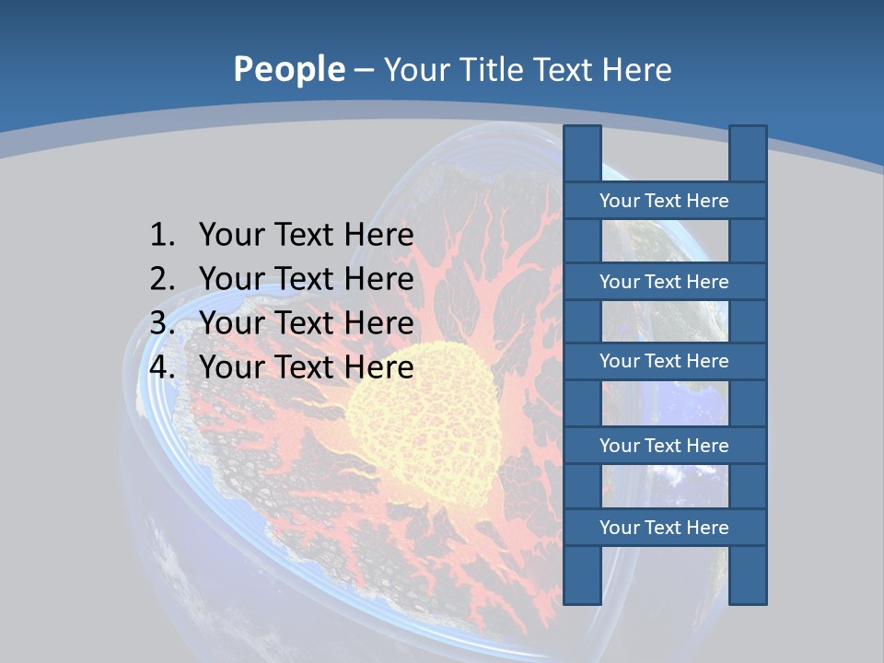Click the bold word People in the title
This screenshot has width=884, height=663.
[x=289, y=69]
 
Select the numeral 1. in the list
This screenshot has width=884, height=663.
[x=162, y=236]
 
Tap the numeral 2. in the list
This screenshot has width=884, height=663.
[x=162, y=279]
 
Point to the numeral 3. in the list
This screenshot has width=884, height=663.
[x=162, y=323]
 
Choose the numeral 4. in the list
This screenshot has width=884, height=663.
[x=162, y=367]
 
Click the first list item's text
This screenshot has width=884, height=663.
[x=306, y=236]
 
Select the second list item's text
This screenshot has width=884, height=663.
[x=306, y=279]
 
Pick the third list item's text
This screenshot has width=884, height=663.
[x=306, y=323]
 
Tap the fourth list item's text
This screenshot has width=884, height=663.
[x=306, y=367]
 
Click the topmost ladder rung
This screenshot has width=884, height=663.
[x=664, y=201]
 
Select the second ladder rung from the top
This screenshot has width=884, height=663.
[x=664, y=282]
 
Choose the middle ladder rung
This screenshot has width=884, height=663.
[x=664, y=361]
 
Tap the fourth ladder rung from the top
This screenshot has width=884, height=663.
[x=664, y=446]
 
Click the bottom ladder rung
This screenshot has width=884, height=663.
[x=664, y=528]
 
